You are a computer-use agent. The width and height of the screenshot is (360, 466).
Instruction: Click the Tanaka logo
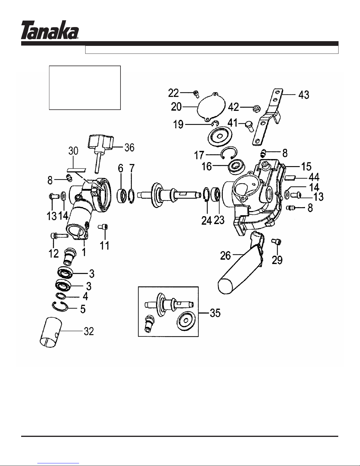[x=50, y=30]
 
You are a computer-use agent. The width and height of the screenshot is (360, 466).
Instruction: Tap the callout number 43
[x=304, y=95]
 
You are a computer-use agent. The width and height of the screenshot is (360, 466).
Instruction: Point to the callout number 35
[x=215, y=313]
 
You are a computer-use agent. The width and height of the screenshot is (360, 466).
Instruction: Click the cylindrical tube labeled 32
[x=51, y=332]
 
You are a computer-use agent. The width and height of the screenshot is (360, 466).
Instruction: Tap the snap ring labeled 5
[x=60, y=307]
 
